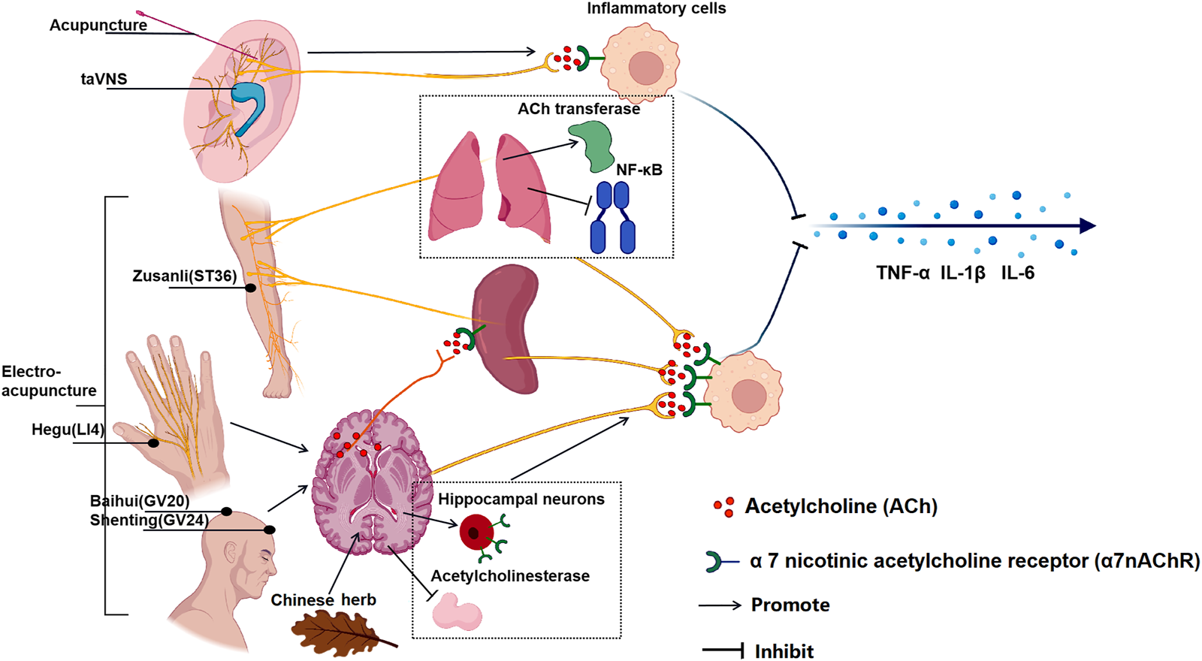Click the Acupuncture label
98,26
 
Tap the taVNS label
104,79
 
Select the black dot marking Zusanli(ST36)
250,288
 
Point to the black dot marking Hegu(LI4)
153,443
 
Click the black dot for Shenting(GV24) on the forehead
270,530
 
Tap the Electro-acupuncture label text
48,381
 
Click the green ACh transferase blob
592,146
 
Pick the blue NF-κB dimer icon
613,217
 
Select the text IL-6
1017,273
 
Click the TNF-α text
902,273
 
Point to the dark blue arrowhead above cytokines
1086,225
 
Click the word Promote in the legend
790,605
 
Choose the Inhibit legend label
784,651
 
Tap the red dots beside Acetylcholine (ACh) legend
723,507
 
